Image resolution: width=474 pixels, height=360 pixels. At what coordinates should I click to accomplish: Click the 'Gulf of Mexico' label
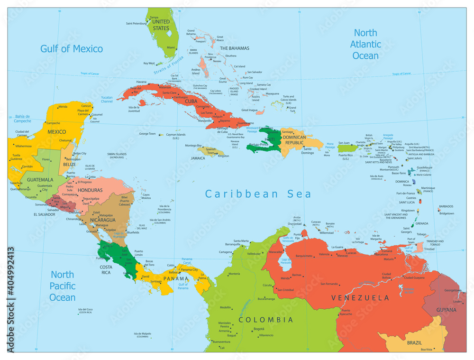coord(72,48)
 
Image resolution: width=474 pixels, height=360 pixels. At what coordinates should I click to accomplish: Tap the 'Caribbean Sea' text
coord(258,194)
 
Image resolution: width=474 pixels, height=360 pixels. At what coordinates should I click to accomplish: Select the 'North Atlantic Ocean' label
coord(365,44)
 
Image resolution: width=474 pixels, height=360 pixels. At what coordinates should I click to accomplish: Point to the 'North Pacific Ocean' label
coord(63,286)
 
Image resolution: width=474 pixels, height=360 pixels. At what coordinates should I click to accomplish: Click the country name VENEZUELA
coord(360,298)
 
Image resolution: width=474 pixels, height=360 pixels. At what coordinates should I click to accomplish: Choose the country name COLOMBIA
coord(265,320)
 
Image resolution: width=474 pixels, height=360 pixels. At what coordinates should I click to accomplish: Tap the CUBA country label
coord(191,102)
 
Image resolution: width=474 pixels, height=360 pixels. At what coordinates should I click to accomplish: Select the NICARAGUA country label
coord(103,220)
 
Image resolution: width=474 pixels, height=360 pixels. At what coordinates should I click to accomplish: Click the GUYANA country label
coord(447,310)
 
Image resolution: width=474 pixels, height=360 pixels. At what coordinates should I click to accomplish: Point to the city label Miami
coord(171,47)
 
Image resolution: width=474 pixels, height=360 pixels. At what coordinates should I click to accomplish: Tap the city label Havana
coord(141,82)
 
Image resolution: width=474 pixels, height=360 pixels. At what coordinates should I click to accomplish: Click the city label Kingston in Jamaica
coord(223,156)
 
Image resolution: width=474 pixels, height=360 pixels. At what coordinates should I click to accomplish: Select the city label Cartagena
coord(226,252)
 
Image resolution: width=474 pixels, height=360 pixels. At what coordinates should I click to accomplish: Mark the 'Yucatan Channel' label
coord(107,99)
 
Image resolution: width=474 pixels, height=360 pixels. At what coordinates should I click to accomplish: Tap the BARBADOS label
coord(446,206)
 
